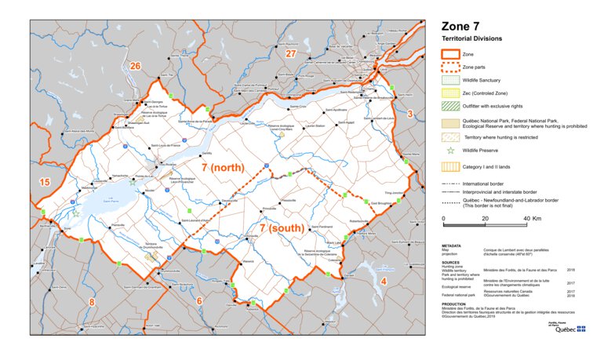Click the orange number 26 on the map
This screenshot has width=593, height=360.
[134, 67]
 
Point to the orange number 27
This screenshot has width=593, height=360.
[291, 53]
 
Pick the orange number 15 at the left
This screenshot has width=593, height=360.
[44, 183]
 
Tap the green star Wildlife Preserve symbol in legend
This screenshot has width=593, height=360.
[449, 150]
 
